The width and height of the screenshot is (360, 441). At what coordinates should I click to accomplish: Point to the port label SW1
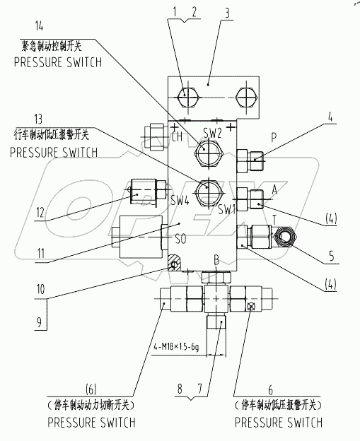point(226,210)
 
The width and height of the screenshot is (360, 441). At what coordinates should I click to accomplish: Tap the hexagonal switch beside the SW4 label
point(208,190)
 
